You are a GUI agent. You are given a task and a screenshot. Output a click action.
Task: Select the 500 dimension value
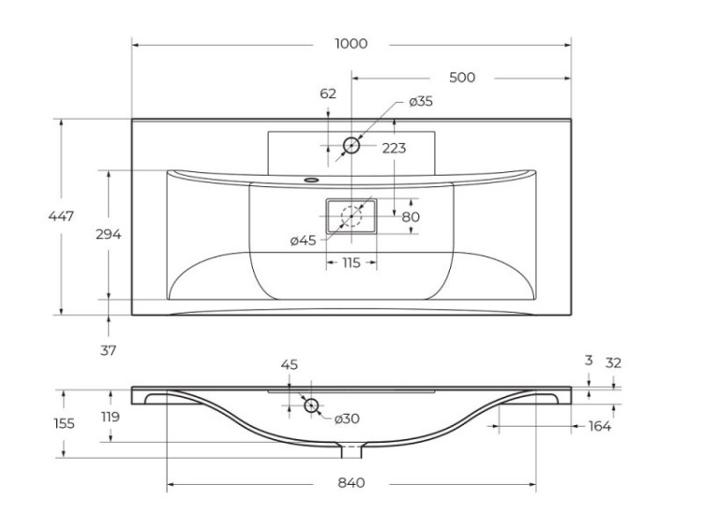coord(462,78)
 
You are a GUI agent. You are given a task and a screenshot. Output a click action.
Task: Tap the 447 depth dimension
coord(62,216)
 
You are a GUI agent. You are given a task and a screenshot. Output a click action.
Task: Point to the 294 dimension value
coord(109,235)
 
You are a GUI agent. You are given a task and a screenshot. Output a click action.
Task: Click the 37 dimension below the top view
coord(108,350)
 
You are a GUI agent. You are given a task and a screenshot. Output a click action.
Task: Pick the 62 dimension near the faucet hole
coord(328,94)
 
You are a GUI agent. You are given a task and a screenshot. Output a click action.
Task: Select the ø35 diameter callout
coord(420,101)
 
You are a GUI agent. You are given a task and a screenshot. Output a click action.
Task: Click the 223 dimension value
coord(394,148)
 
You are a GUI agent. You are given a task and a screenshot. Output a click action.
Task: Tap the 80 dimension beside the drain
coord(410,217)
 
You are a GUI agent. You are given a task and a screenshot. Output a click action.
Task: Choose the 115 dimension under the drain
coord(351,263)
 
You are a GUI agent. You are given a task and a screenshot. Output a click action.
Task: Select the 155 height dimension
coord(62,423)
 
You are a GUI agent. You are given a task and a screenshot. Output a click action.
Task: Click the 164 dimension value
coord(600,427)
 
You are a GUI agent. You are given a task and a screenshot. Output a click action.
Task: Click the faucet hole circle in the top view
coord(351,145)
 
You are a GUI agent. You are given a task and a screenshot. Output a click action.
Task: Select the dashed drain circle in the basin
coord(351,216)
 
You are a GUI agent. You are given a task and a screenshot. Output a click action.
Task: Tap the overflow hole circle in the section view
coord(311,405)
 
